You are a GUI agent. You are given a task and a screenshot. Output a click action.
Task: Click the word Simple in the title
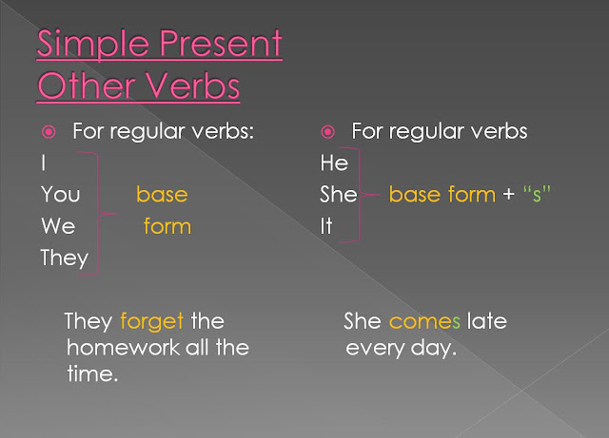(x=93, y=45)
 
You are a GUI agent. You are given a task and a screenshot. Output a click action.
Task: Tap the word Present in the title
(x=221, y=44)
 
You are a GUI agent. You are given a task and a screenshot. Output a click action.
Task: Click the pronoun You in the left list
(x=61, y=194)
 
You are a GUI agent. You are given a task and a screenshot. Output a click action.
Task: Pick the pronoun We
(x=58, y=226)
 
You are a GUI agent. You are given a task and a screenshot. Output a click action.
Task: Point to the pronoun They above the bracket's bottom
(x=65, y=258)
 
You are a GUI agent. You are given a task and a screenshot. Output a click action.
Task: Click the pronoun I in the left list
(x=44, y=162)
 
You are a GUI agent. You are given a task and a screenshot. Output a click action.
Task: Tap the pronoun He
(x=334, y=162)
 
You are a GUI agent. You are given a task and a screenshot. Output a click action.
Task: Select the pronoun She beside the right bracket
(x=339, y=194)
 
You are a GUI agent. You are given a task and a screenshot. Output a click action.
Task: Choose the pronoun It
(x=326, y=226)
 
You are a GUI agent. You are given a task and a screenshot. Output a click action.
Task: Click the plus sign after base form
(x=509, y=195)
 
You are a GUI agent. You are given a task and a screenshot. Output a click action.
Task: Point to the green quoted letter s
(x=537, y=194)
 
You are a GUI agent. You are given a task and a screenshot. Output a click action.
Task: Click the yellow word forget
(x=152, y=322)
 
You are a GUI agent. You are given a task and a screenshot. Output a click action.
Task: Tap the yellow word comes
(x=424, y=322)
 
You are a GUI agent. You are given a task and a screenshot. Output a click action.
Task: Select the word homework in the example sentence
(x=123, y=347)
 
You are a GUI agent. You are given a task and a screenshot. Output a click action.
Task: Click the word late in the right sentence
(x=487, y=321)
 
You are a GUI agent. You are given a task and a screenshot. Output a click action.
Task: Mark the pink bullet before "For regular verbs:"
(x=49, y=132)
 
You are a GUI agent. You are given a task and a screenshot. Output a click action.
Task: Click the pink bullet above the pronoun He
(x=327, y=132)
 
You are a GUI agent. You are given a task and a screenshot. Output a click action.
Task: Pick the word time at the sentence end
(x=92, y=373)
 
